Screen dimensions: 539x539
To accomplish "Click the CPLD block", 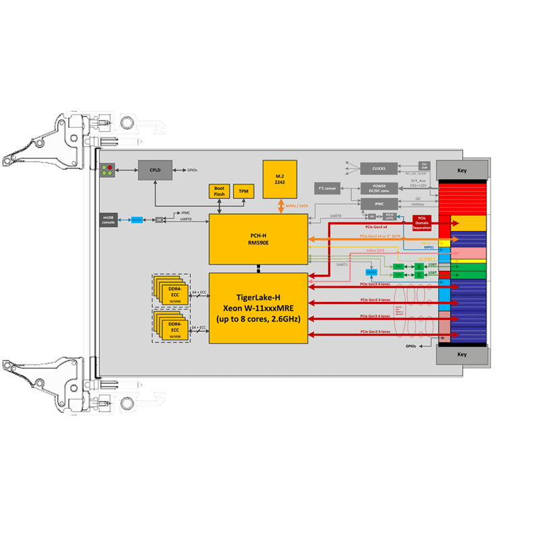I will coord(155,170).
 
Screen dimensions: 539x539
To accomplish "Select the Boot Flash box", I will coord(219,191).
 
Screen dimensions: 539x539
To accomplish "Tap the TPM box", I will coord(243,191).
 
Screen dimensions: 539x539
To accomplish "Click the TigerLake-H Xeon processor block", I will coord(258,307).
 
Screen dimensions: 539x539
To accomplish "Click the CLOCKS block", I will coord(378,169).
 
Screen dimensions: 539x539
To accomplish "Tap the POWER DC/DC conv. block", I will coord(378,188).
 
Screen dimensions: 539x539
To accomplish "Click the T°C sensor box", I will coord(327,188).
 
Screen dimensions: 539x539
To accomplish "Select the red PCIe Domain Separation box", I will coord(422,223).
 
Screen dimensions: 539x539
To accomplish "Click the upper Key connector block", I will coord(462,170).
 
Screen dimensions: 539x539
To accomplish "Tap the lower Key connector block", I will coord(462,354).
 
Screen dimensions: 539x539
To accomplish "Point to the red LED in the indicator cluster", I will coord(110,166).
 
